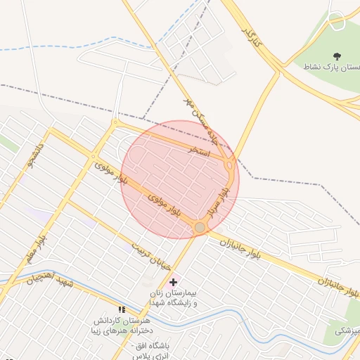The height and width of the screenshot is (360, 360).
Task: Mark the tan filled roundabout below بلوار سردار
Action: pyautogui.click(x=200, y=227)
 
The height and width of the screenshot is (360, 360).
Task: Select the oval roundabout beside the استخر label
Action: pyautogui.click(x=230, y=166)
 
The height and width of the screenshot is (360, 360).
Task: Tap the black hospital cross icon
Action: pyautogui.click(x=174, y=281)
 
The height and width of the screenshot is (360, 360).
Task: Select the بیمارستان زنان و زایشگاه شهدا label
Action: pyautogui.click(x=174, y=297)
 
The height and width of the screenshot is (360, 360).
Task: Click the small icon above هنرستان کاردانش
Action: pyautogui.click(x=122, y=309)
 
